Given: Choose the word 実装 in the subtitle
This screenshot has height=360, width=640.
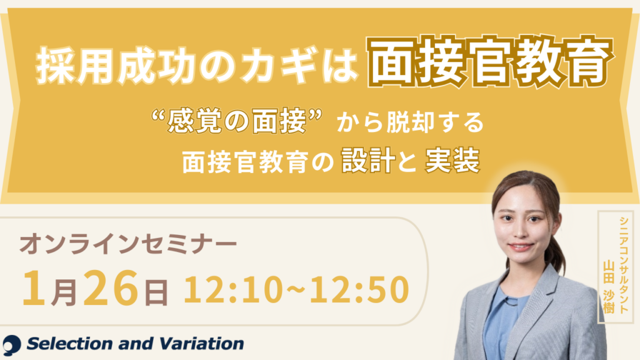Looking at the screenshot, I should click(x=451, y=162).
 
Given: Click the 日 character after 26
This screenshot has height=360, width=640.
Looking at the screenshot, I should click(x=156, y=291).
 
